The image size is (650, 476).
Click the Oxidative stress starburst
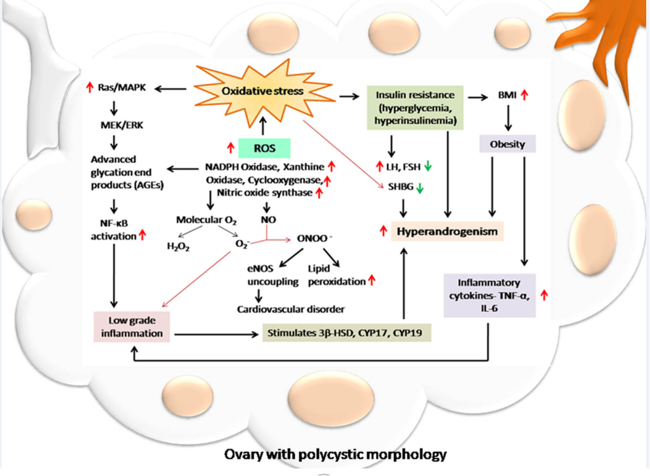point(263,91)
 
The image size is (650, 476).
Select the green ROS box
point(264,148)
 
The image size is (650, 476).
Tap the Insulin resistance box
point(415,108)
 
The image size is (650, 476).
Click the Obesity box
point(507,144)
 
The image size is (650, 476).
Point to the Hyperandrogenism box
point(447,231)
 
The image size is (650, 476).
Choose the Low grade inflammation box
point(132,327)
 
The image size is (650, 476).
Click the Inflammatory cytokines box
point(489,295)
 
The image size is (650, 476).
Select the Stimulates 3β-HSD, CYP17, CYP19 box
point(346,333)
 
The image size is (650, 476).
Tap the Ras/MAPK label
point(121,88)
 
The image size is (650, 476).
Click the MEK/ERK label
point(122,125)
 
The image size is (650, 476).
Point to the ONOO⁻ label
point(314,238)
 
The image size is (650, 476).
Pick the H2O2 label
point(178,246)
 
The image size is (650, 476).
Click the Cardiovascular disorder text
point(290,310)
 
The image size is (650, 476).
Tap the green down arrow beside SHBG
point(419,188)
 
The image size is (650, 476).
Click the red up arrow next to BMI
point(524,95)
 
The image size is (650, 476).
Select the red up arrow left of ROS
point(231,147)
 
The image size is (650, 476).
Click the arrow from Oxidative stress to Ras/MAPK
point(171,89)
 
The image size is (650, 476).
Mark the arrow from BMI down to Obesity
point(508,118)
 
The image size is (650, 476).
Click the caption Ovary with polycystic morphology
point(335,454)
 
